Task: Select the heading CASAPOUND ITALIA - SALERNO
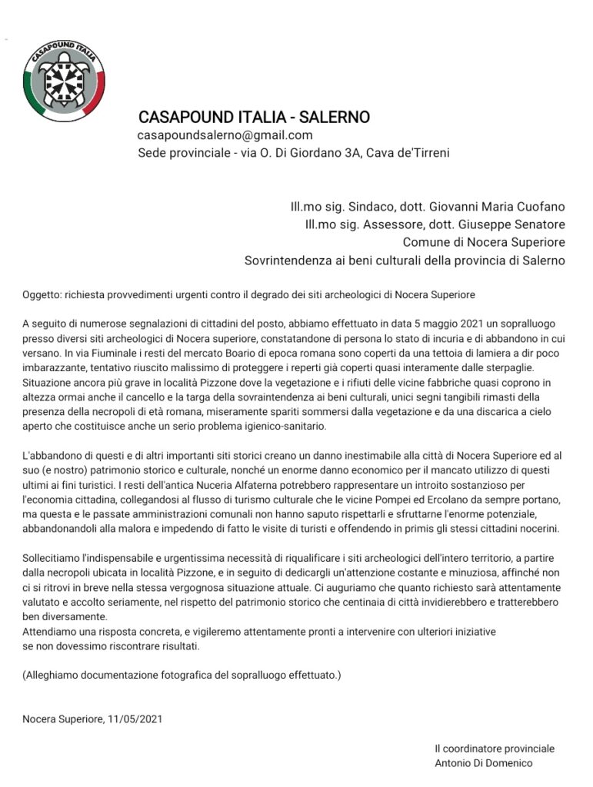tap(254, 118)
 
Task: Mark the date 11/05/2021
tap(133, 719)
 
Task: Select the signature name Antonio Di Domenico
tap(482, 763)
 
